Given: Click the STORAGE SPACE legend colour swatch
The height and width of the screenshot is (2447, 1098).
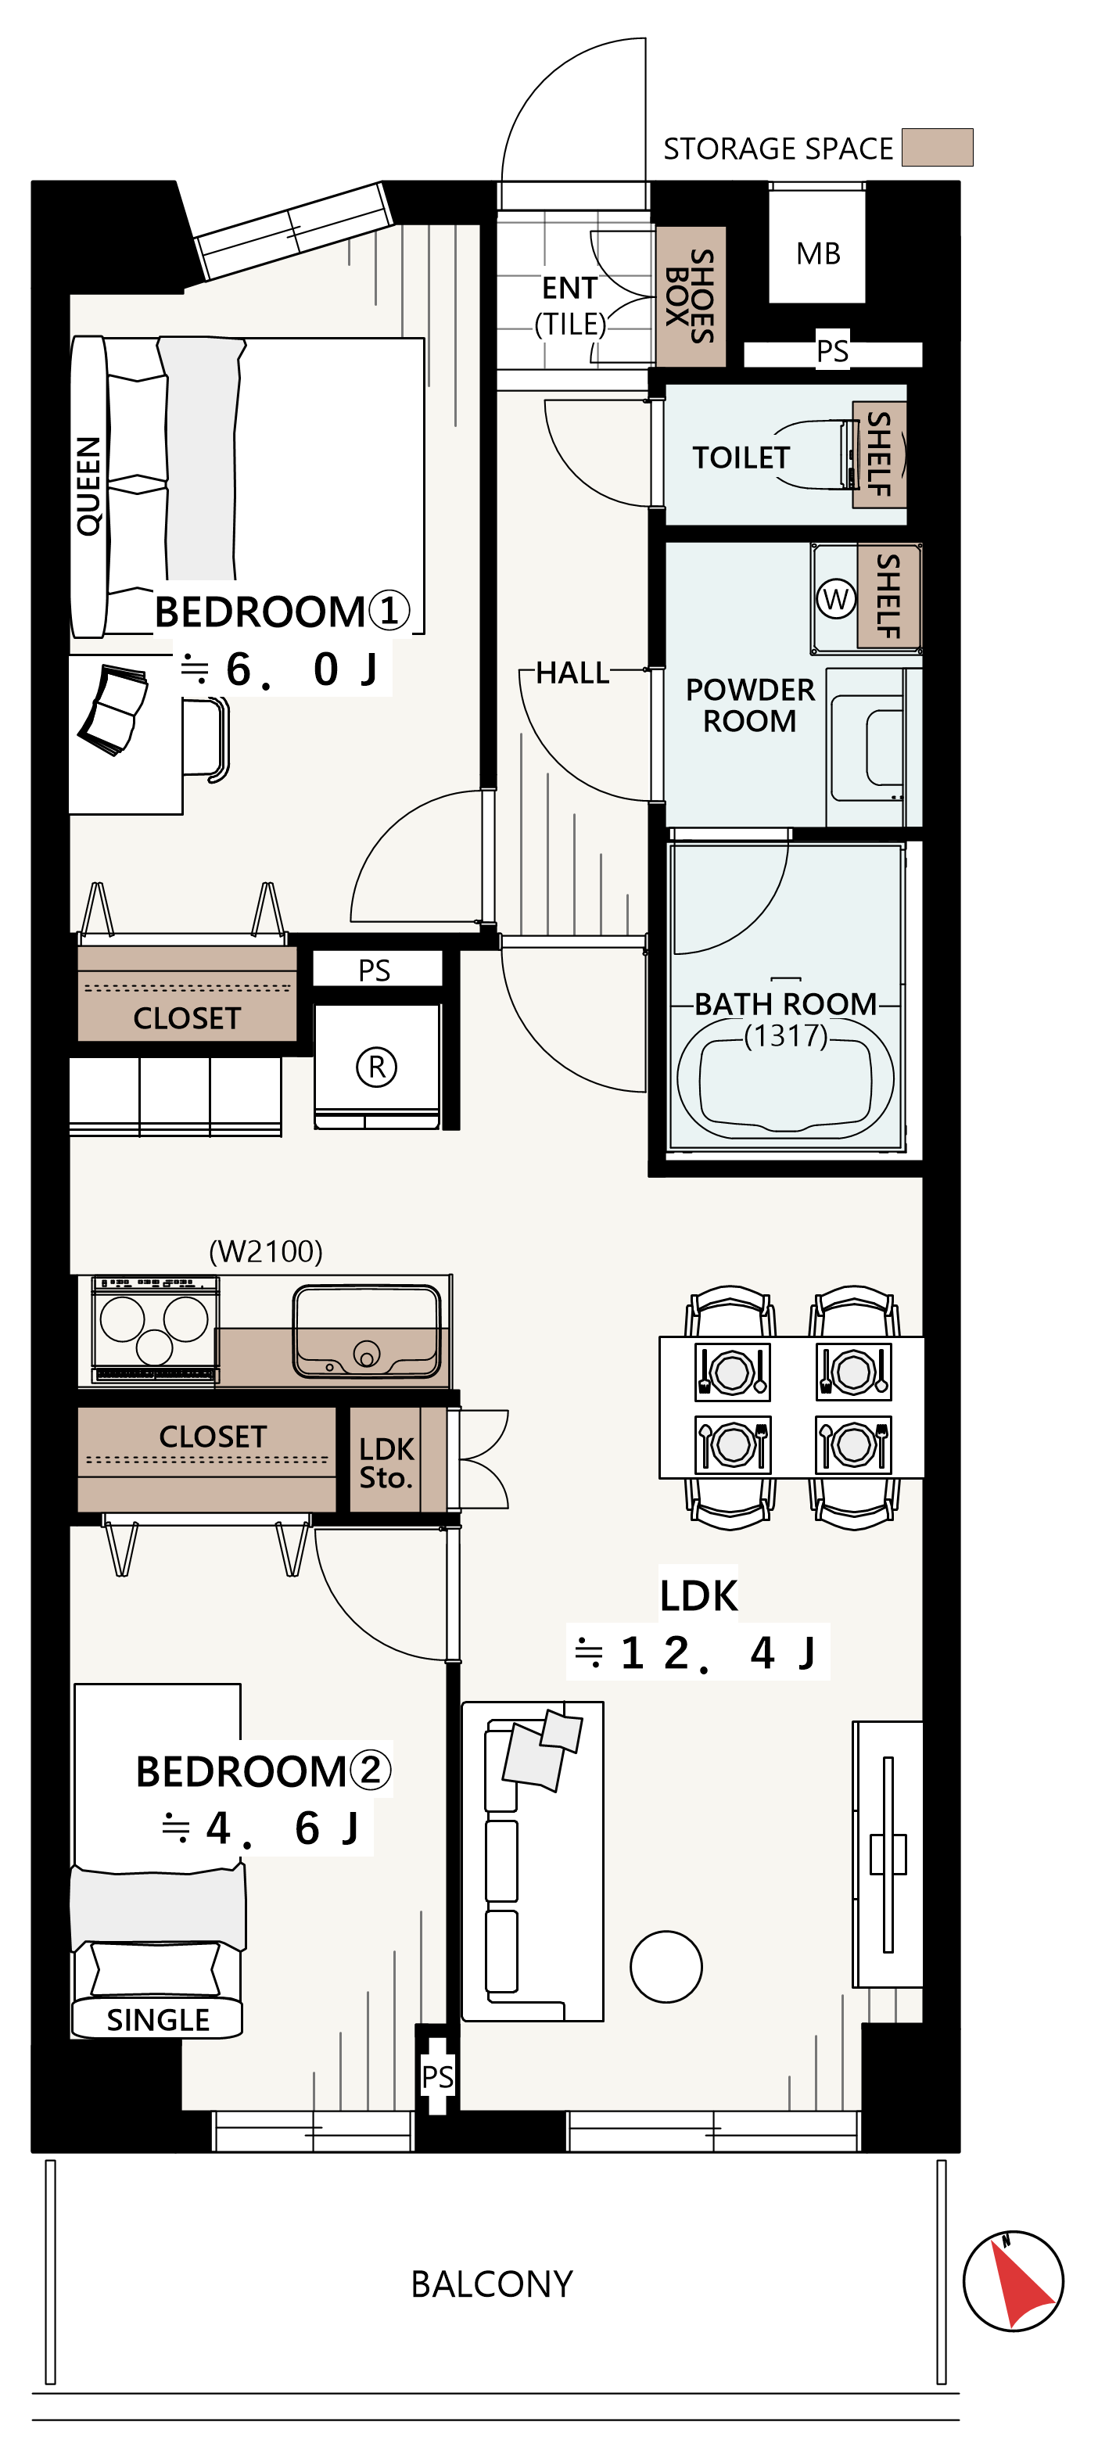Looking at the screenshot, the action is [x=937, y=147].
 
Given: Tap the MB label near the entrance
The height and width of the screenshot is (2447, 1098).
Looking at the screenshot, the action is [x=818, y=253].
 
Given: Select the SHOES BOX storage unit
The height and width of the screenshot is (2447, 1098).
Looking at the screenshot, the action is [x=691, y=296].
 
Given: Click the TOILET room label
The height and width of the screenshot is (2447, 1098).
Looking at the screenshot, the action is [x=741, y=457].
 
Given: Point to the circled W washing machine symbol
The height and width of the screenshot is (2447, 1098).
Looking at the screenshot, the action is [x=836, y=598].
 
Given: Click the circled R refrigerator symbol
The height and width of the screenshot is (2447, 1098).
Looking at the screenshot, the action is [x=376, y=1067].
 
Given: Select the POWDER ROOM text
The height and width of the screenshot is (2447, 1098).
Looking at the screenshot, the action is [x=749, y=705].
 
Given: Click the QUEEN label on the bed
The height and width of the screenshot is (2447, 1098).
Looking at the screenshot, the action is [x=88, y=486].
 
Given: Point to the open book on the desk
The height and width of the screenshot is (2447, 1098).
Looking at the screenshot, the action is [x=114, y=709].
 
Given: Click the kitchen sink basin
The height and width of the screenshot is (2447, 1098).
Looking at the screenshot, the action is [x=367, y=1331].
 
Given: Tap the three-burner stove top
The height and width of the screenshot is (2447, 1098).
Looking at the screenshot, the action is [x=155, y=1329].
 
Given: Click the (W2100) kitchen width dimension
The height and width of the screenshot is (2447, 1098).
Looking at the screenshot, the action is [x=266, y=1251].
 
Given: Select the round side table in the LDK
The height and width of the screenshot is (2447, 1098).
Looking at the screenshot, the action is [x=666, y=1966].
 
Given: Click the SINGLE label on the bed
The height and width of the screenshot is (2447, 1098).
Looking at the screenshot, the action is [x=158, y=2019].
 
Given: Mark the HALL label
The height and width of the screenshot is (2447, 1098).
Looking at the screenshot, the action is [x=572, y=673].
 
